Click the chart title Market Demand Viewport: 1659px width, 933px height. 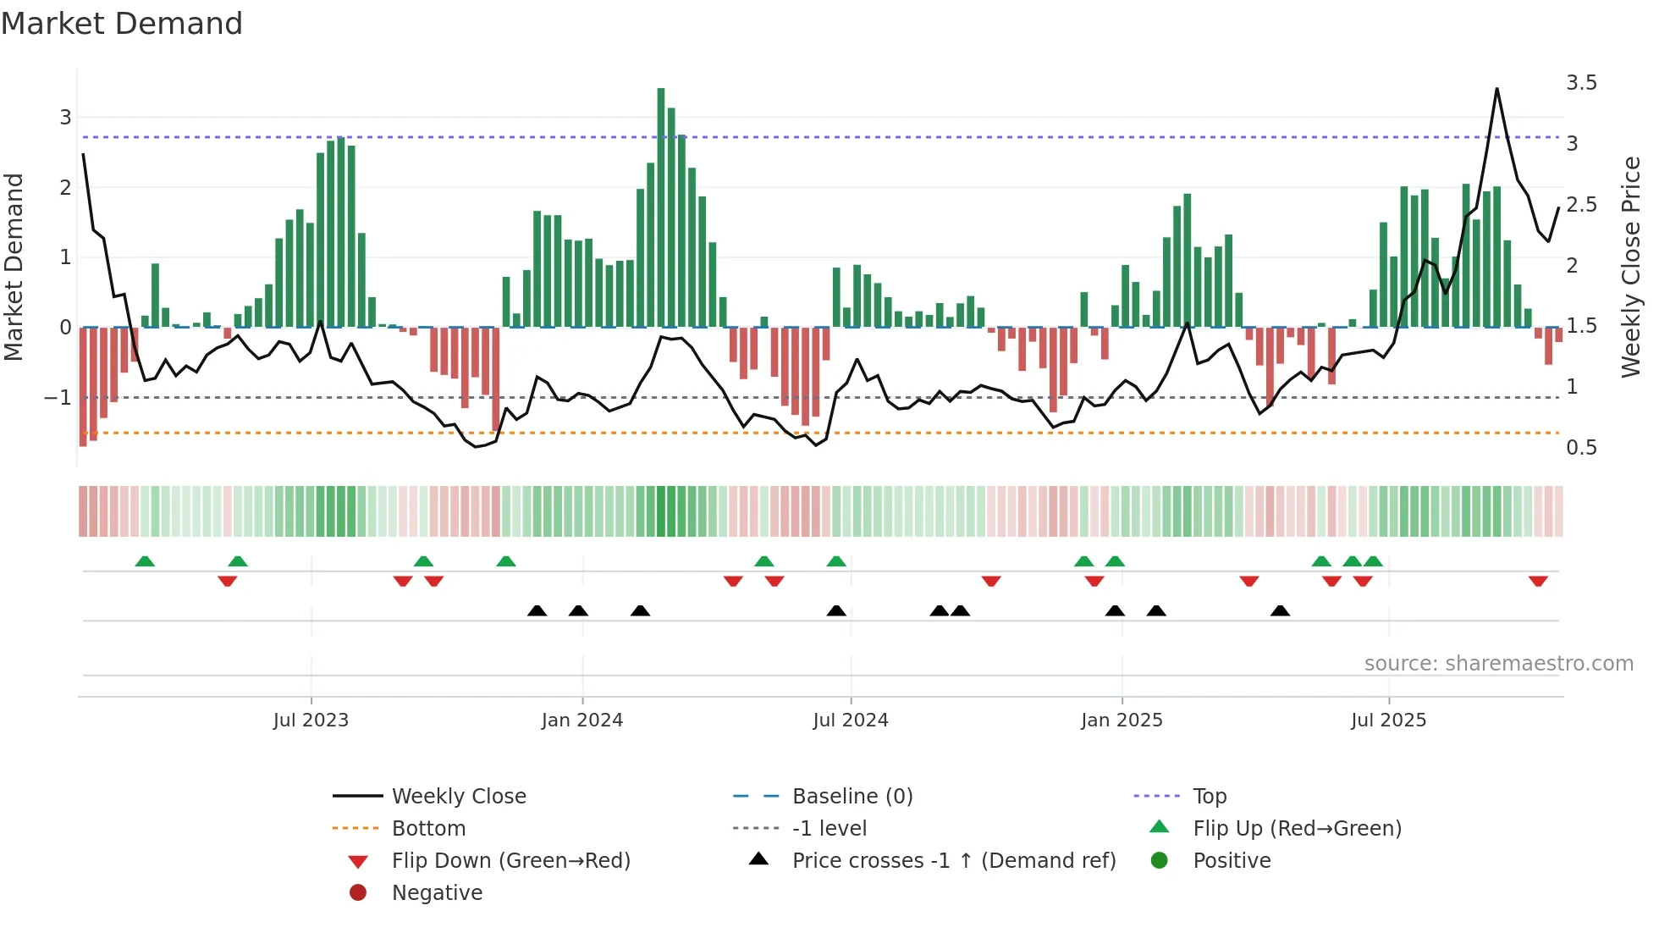pos(122,23)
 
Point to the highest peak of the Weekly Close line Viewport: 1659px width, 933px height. pos(1496,89)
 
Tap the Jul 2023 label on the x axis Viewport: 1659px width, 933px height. pos(311,720)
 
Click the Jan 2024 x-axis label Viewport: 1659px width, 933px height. pos(582,720)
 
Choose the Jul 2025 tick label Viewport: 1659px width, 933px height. pos(1388,720)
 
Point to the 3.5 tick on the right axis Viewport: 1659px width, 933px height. pos(1580,83)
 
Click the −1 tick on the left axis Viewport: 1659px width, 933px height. pos(58,397)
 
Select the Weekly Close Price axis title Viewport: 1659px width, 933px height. pos(1630,267)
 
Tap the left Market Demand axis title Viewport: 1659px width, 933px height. pos(14,267)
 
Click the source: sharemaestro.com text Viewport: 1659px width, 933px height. pos(1498,663)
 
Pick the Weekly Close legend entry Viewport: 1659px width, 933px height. pos(458,796)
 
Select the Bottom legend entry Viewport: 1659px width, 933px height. pos(428,828)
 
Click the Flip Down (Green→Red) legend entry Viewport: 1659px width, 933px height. pos(510,860)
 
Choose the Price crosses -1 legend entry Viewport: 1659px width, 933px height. pos(953,860)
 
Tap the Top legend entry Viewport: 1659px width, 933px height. pos(1209,796)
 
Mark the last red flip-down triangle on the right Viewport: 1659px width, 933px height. pos(1538,581)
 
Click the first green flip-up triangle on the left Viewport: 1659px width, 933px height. pos(145,561)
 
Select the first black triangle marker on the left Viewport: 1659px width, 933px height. pos(537,610)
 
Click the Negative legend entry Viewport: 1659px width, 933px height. pos(437,892)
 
